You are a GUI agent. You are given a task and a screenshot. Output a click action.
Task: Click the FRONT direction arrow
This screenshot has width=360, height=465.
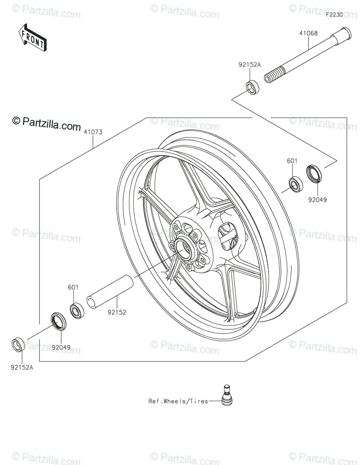click(33, 38)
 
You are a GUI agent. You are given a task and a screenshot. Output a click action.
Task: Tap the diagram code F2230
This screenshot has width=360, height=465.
click(334, 15)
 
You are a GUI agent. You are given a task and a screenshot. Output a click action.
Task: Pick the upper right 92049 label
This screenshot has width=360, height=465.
click(317, 200)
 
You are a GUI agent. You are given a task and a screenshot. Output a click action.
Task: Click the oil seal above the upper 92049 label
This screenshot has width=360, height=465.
click(314, 173)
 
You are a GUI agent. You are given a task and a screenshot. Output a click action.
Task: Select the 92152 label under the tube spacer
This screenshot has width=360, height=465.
click(117, 312)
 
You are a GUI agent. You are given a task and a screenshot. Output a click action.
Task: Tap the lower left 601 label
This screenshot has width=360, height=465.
click(73, 287)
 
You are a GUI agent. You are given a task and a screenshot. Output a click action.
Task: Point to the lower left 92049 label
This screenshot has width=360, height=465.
click(61, 348)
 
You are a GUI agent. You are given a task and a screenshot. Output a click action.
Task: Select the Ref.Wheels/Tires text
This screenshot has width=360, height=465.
click(178, 401)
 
